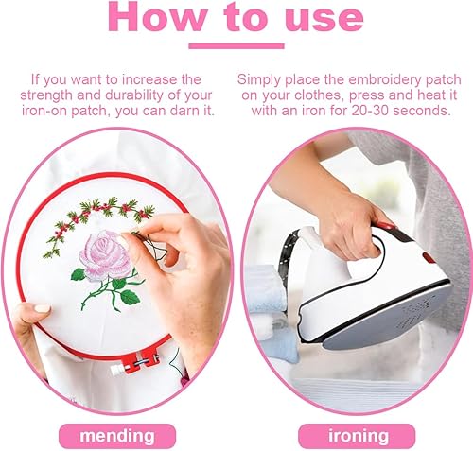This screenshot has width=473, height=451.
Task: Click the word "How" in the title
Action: pos(158,17)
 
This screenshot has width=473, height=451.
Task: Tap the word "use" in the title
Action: pos(324,17)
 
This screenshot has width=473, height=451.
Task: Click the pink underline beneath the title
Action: pos(236,46)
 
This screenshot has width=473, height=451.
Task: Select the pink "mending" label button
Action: pos(117,436)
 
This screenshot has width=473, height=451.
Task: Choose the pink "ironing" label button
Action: pos(357,436)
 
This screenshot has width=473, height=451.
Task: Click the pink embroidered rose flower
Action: pos(105,255)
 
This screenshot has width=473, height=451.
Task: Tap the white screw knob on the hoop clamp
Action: pos(118,370)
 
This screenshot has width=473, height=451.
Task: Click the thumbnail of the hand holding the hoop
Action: pos(43,309)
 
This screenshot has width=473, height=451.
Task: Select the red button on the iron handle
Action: pos(429,257)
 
